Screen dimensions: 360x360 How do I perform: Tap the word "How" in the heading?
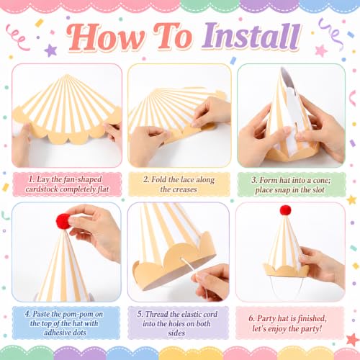(106, 37)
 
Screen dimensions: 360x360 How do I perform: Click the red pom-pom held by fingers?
(63, 221)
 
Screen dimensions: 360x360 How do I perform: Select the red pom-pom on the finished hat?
(285, 210)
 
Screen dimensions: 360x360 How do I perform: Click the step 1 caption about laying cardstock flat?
(67, 184)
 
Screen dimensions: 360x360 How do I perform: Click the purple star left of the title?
(50, 50)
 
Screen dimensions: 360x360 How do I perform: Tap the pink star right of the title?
(321, 51)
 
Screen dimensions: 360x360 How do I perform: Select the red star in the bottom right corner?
(352, 339)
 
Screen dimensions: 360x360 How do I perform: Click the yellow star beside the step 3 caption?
(351, 199)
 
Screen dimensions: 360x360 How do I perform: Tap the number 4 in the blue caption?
(27, 314)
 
